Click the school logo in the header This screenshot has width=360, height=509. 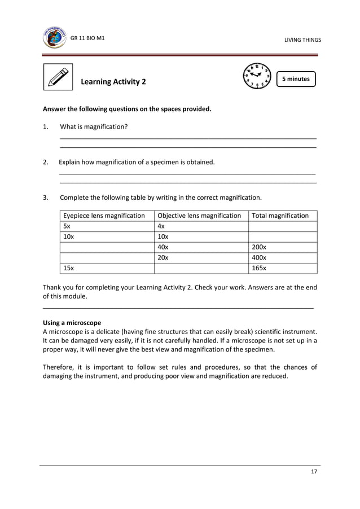click(54, 37)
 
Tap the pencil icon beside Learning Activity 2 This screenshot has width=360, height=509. click(58, 77)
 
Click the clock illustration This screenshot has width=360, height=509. click(256, 77)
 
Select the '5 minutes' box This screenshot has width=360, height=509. click(296, 79)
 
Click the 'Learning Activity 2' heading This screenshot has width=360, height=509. click(113, 82)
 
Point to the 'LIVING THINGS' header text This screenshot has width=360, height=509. click(302, 40)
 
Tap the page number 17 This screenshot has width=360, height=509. click(314, 472)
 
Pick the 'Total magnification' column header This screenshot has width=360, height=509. click(280, 216)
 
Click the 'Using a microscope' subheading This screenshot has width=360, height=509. click(72, 323)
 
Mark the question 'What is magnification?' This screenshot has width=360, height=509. click(94, 126)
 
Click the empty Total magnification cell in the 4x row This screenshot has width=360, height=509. click(282, 226)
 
